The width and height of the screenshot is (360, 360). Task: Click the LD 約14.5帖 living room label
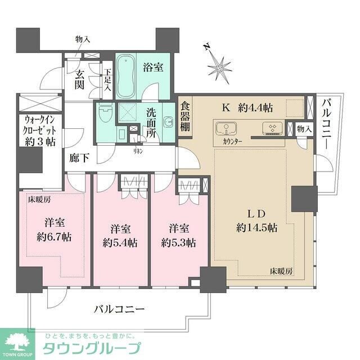coord(256,220)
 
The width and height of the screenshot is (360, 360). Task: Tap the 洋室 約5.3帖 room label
coord(178,236)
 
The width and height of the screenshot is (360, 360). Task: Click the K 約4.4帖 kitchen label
coord(247,106)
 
